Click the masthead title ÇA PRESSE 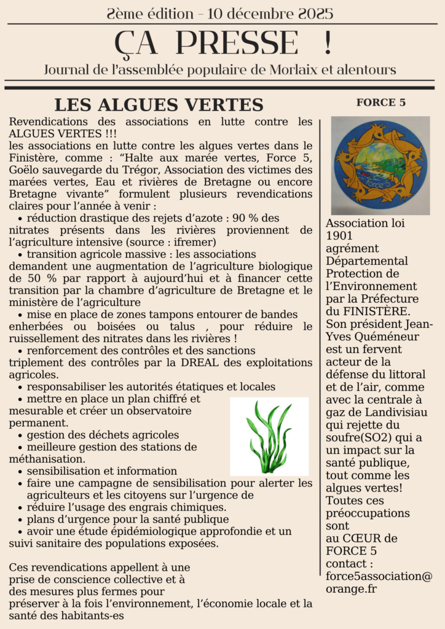coord(206,43)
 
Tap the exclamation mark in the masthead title coord(326,43)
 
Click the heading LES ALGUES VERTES coord(159,105)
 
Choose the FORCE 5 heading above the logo coord(380,103)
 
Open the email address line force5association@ coord(379,576)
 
